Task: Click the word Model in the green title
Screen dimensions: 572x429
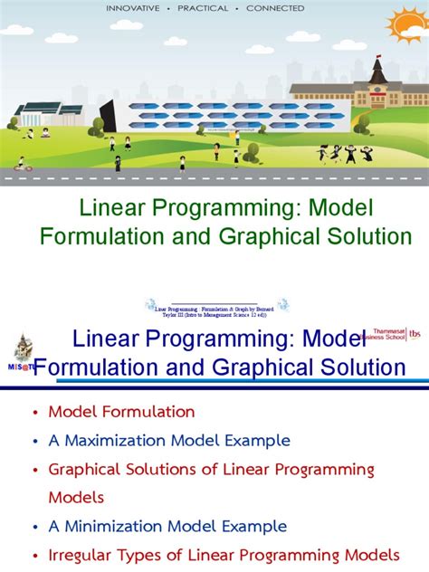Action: (x=338, y=209)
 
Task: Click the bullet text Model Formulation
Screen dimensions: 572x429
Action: (x=121, y=412)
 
